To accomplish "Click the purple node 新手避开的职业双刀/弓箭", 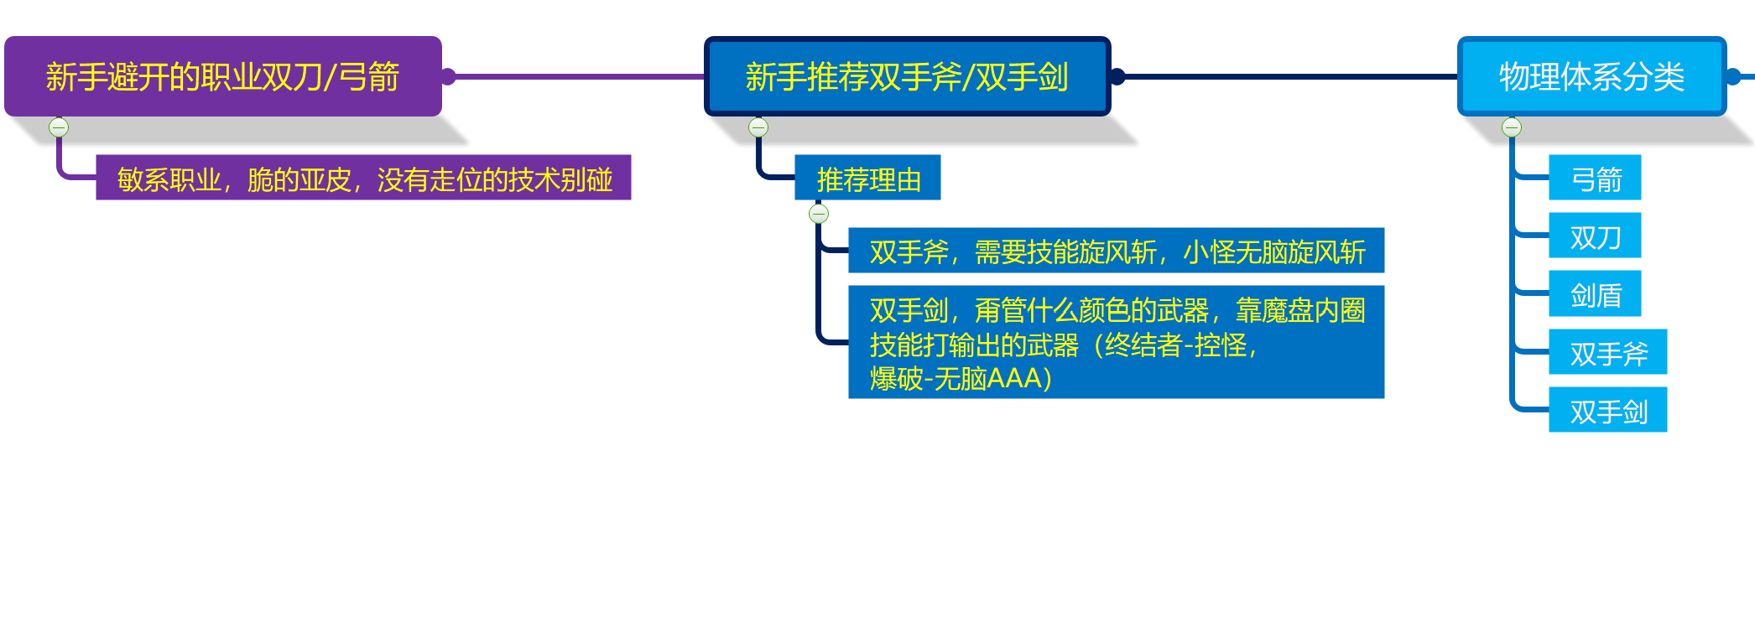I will (222, 76).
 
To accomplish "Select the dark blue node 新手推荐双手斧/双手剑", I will (907, 76).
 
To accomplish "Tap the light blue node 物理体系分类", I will (1591, 76).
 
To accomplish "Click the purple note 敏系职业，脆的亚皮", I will (363, 178).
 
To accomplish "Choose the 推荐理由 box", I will (867, 178).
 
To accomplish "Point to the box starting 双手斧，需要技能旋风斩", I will (1116, 251).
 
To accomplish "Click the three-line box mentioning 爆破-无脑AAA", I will (1116, 342).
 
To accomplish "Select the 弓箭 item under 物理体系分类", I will (1594, 178).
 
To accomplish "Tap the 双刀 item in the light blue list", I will (1594, 236).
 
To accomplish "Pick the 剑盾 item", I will (1594, 294).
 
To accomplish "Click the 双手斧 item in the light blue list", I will (1607, 352).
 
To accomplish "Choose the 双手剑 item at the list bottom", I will (1607, 410).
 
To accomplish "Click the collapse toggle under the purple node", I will (59, 127).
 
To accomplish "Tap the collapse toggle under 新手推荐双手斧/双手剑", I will (758, 127).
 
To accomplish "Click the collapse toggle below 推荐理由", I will (819, 214).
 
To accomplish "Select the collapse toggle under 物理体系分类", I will (1512, 127).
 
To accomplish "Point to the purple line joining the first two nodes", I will (579, 76).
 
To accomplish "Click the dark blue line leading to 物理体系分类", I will (1288, 76).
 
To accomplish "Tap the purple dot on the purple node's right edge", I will (448, 76).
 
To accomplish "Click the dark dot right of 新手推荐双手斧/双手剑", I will (1117, 76).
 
